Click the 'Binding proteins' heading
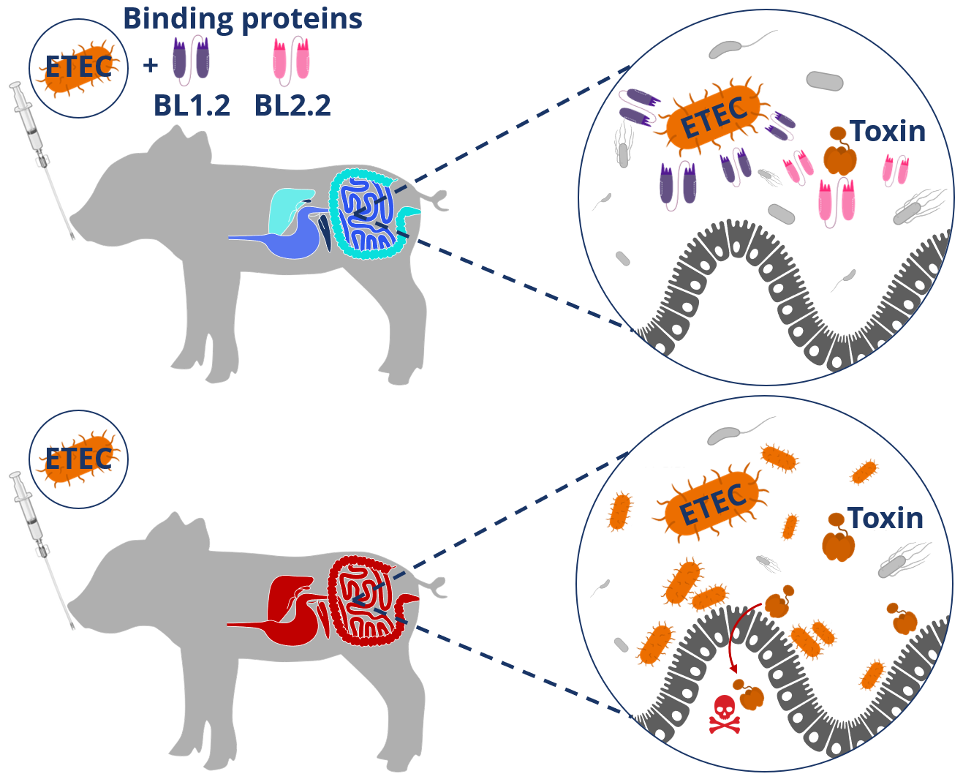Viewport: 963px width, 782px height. click(x=242, y=19)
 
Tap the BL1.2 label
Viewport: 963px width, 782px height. click(x=192, y=106)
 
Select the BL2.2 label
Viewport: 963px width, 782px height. click(x=292, y=106)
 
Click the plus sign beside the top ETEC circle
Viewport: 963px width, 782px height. click(x=151, y=66)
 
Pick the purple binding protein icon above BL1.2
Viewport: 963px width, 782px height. click(x=191, y=59)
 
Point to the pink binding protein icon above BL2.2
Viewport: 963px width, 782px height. click(x=291, y=59)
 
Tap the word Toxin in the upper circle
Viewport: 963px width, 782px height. click(x=887, y=132)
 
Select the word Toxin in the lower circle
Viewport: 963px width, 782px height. click(x=885, y=518)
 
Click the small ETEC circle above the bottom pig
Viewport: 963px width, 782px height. click(x=78, y=459)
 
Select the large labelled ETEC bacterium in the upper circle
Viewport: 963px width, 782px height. click(x=713, y=117)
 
